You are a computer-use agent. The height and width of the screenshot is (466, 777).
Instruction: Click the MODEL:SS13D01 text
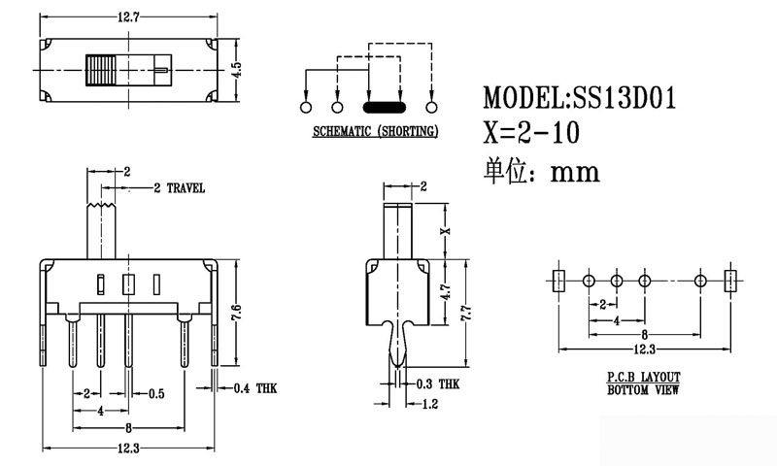coord(580,98)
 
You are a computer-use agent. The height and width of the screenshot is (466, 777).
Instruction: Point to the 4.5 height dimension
coord(236,69)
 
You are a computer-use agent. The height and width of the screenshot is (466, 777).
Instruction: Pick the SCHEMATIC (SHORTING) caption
coord(374,130)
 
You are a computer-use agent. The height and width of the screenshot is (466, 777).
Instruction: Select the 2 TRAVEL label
coord(179,188)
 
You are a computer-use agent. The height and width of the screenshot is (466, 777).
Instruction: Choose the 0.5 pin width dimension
coord(155,393)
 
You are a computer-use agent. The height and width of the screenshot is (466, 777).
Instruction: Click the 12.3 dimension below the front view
coord(130,448)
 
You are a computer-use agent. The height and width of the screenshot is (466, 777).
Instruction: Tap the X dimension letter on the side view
coord(447,231)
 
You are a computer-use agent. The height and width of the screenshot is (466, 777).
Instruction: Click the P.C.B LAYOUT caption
coord(644,376)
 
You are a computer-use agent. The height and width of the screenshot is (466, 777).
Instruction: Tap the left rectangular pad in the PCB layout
coord(557,282)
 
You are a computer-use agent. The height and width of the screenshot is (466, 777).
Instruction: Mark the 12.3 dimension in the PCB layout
coord(644,349)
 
